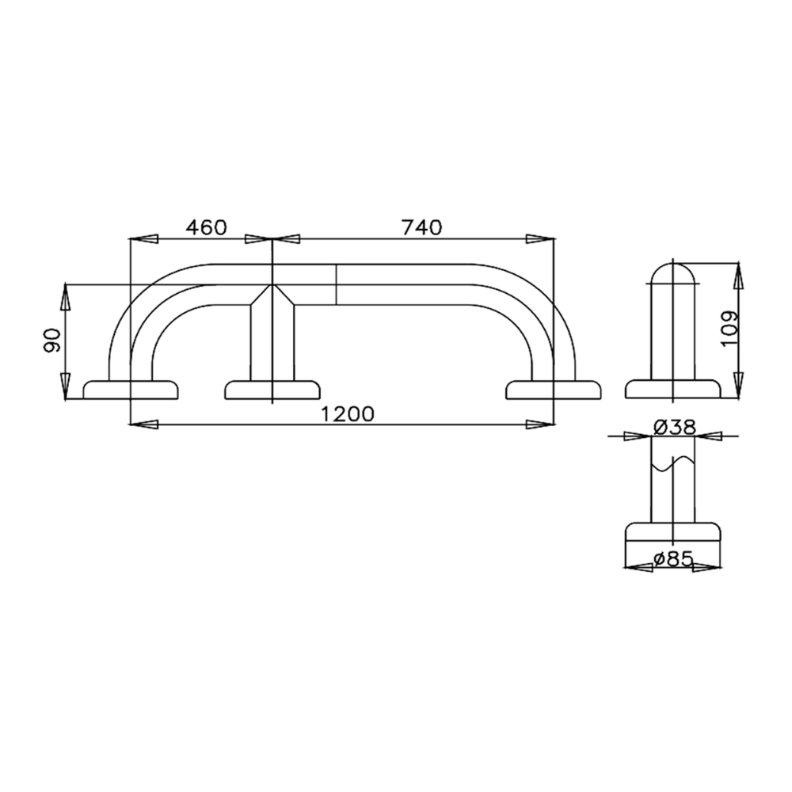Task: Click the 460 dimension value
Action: pyautogui.click(x=207, y=227)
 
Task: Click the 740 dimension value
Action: pyautogui.click(x=422, y=227)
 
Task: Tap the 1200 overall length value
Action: pyautogui.click(x=348, y=413)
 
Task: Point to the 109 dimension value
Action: pyautogui.click(x=730, y=329)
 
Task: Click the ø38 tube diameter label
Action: pyautogui.click(x=675, y=428)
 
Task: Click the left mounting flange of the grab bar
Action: pyautogui.click(x=131, y=390)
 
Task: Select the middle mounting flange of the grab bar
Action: pyautogui.click(x=272, y=390)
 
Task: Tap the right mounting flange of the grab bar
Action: pyautogui.click(x=554, y=390)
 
